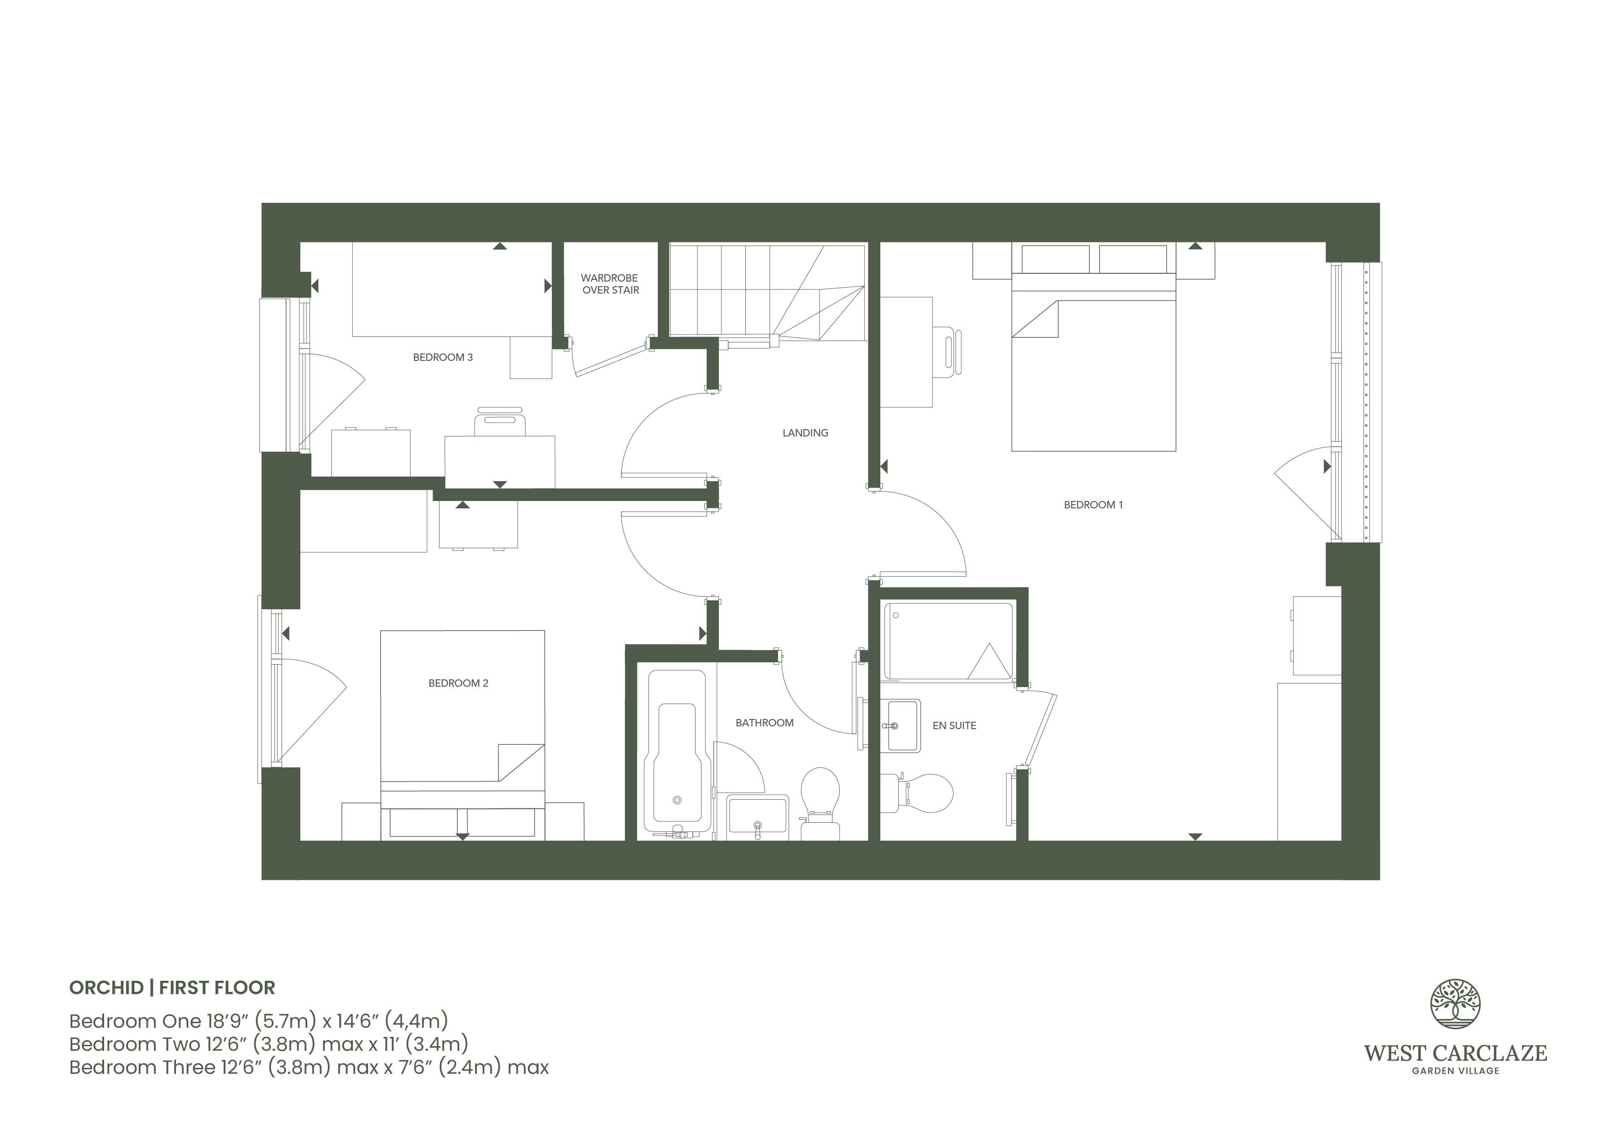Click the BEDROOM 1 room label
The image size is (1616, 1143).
[1093, 505]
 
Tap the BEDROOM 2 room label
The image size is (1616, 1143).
[458, 683]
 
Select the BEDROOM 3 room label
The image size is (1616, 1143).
[443, 358]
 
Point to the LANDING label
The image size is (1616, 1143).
[805, 433]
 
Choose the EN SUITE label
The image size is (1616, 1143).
[954, 725]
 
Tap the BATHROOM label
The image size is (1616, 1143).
[764, 723]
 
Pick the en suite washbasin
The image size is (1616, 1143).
[901, 726]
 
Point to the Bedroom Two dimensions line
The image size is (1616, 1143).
[269, 1044]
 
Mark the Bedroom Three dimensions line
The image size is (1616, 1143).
[309, 1068]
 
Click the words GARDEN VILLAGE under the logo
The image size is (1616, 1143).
[1456, 1071]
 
